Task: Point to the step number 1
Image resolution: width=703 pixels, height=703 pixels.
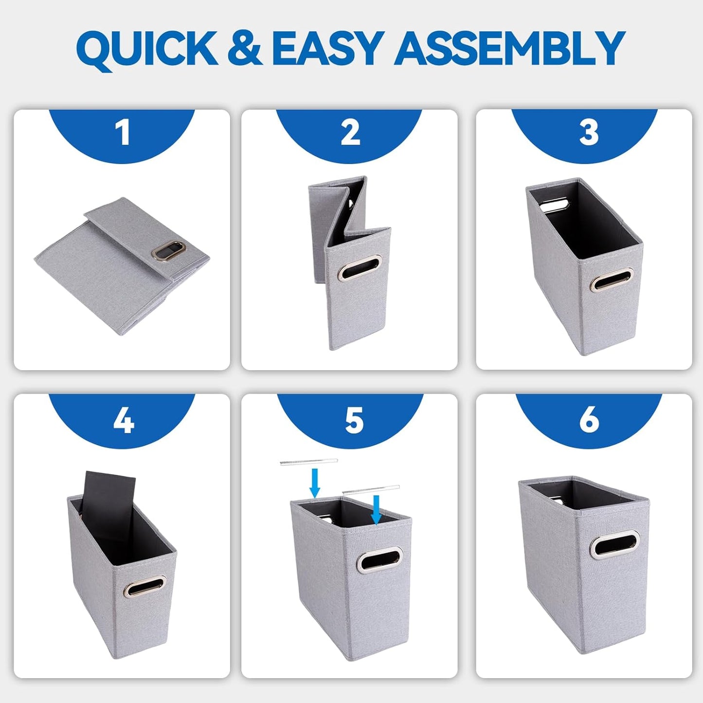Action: tap(123, 132)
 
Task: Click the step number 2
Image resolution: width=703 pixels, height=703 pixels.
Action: tap(350, 132)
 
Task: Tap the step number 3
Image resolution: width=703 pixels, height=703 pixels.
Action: tap(588, 132)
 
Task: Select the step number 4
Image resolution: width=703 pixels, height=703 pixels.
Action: tap(123, 420)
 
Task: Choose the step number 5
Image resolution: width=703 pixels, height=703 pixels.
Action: tap(354, 420)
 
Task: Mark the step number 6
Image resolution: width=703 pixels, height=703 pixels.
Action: tap(589, 419)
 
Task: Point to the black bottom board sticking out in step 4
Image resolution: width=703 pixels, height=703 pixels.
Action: tap(108, 491)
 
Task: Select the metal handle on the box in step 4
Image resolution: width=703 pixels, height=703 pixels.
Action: tap(144, 587)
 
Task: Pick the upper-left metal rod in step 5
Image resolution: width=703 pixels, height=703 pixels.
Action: tap(308, 462)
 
